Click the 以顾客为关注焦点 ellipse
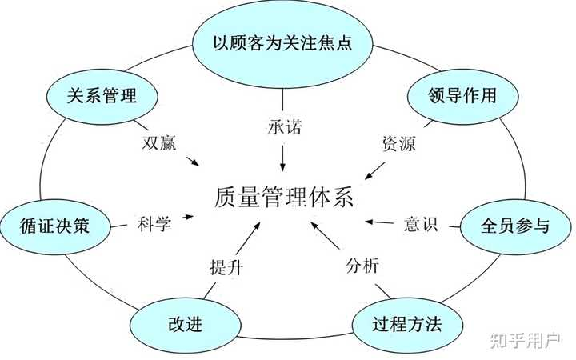click(x=282, y=42)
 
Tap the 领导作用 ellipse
click(x=453, y=96)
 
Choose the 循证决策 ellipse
click(x=54, y=226)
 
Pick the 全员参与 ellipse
click(x=515, y=226)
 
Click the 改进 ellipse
click(x=179, y=324)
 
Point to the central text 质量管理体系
click(x=284, y=196)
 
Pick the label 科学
click(x=154, y=223)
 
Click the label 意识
click(x=421, y=223)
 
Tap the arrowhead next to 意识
click(x=370, y=221)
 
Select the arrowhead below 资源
click(x=369, y=174)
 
